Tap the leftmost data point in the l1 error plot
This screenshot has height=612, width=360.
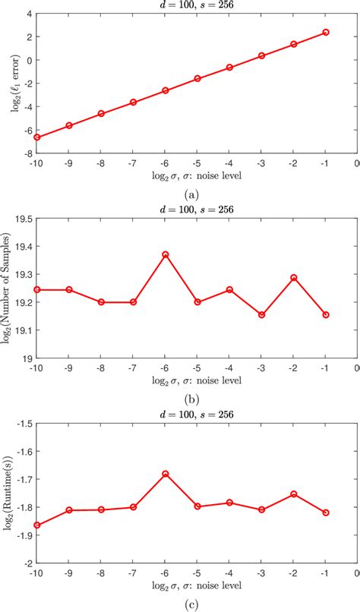[36, 137]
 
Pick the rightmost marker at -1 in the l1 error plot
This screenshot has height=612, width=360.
[326, 33]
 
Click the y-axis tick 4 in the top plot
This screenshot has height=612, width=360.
[27, 14]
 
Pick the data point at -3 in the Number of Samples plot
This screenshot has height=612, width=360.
[262, 314]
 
